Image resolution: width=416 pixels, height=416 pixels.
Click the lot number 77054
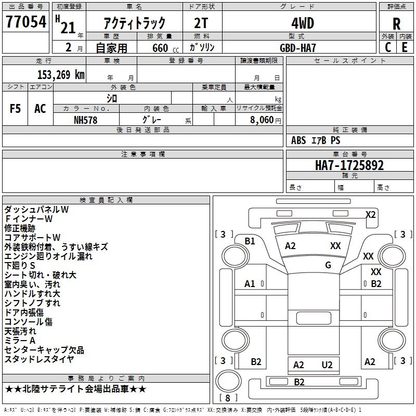coord(25,22)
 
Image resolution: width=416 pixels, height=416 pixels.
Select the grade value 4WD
coord(298,23)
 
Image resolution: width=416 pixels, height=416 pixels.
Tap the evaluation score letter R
coord(396,23)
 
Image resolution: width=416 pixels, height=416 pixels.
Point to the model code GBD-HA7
coord(298,47)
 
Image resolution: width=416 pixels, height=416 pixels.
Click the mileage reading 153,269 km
coord(61,74)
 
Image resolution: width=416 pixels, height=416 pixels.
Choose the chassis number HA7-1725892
coord(349,165)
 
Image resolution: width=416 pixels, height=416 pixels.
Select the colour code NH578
coord(86,120)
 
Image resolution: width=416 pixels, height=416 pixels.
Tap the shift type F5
coord(16,109)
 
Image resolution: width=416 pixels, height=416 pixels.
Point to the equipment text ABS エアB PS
coord(316,140)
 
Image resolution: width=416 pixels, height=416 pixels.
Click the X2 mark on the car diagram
coord(371,214)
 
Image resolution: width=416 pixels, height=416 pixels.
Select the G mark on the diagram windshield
coord(328,265)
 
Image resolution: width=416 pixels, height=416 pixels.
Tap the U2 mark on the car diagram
coord(327,365)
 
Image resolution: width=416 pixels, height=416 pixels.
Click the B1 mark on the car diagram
coord(250,241)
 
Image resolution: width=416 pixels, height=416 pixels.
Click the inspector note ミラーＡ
coord(20,340)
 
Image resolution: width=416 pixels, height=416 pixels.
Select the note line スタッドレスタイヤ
coord(39,359)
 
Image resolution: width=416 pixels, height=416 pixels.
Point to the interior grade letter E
coord(405,47)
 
